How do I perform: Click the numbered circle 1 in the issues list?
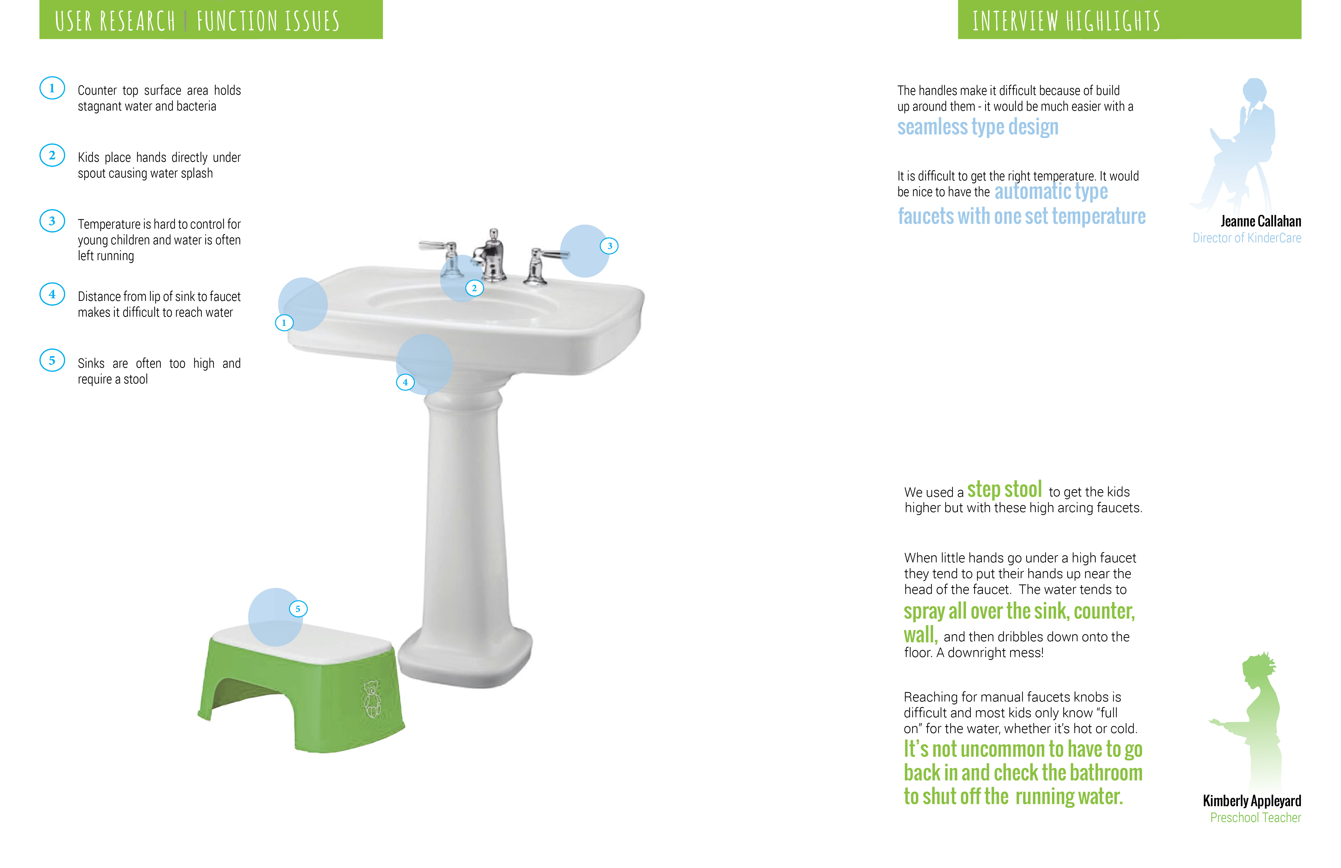pyautogui.click(x=52, y=88)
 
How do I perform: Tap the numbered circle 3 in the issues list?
pyautogui.click(x=52, y=221)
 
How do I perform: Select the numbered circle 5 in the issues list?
pyautogui.click(x=52, y=361)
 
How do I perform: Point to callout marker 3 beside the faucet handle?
pyautogui.click(x=609, y=246)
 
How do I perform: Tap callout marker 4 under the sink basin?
pyautogui.click(x=405, y=382)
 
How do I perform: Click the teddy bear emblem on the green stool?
pyautogui.click(x=371, y=699)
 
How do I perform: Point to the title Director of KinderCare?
pyautogui.click(x=1246, y=238)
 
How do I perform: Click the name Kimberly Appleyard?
pyautogui.click(x=1251, y=801)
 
